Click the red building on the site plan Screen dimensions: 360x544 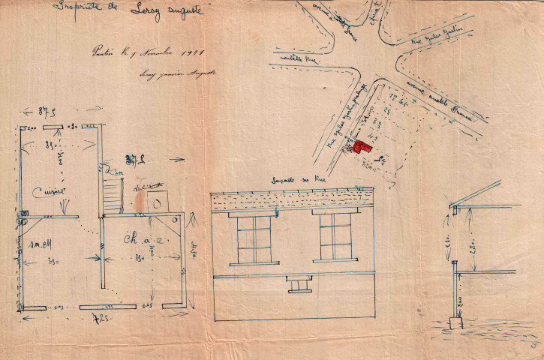tap(362, 145)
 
